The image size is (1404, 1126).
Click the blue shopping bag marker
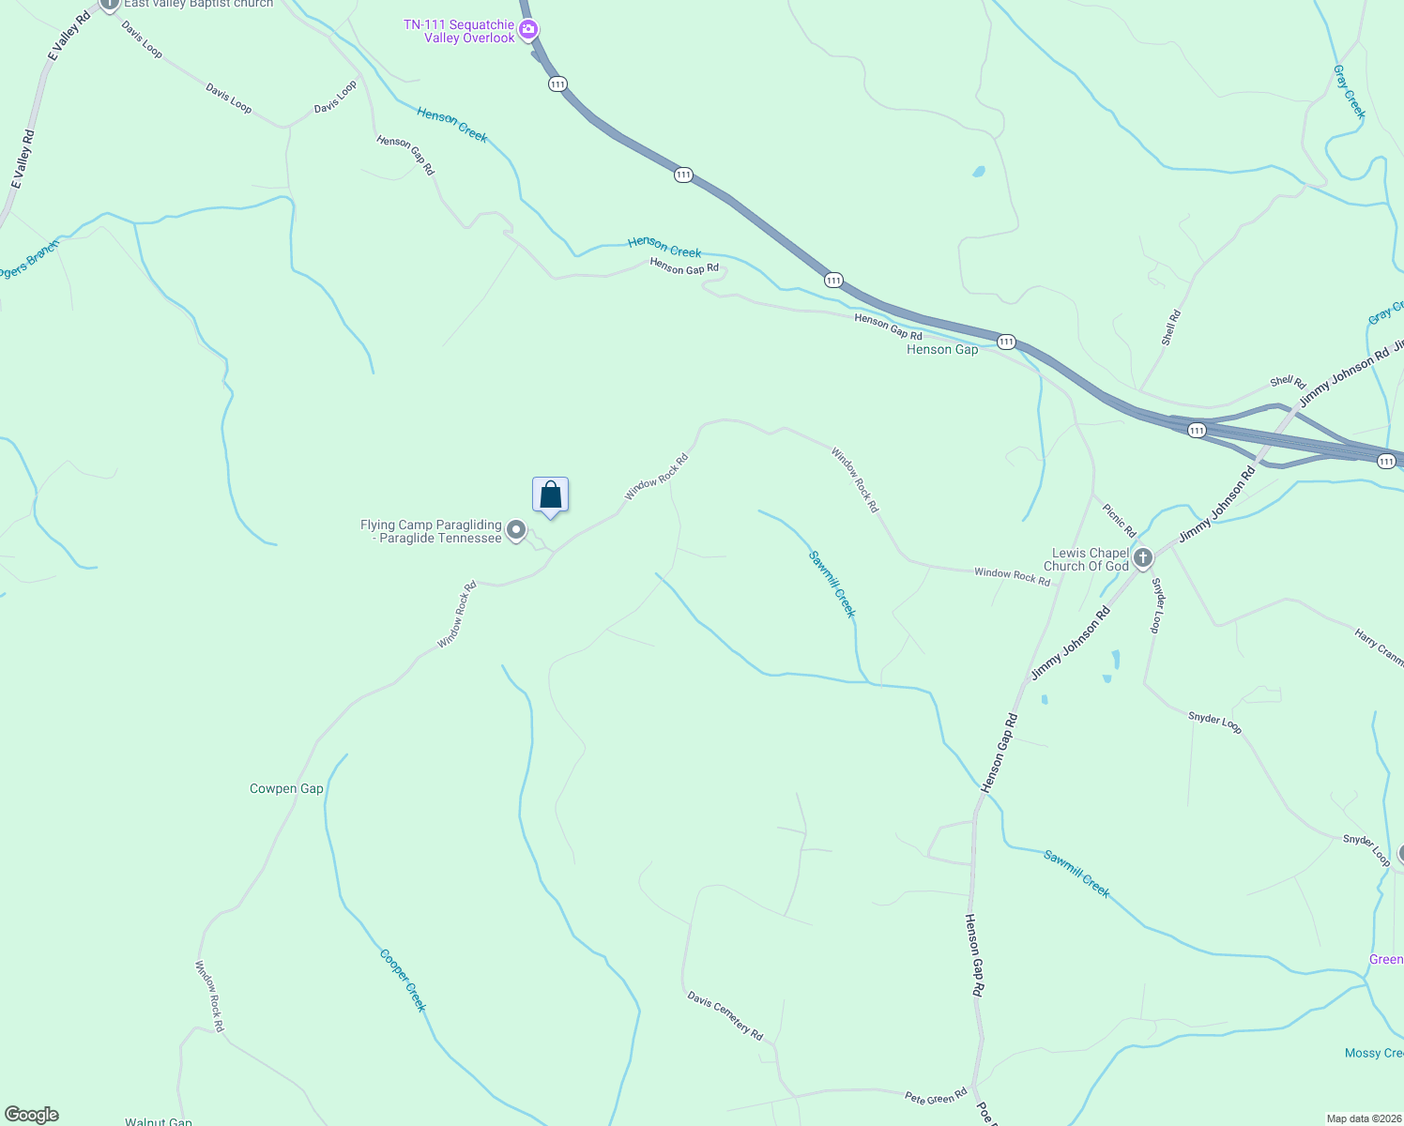point(550,495)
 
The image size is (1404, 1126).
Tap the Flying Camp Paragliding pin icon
point(515,530)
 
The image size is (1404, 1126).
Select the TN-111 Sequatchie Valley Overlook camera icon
point(528,30)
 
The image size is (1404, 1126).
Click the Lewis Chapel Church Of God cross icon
point(1142,558)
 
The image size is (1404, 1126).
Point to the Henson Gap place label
point(941,349)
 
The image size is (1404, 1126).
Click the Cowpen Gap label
point(286,788)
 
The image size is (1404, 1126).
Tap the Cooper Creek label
point(404,980)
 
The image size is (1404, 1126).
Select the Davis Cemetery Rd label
point(725,1014)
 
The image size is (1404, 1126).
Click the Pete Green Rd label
point(936,1096)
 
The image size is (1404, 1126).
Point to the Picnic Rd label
point(1119,520)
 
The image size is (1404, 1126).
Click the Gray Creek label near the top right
point(1349,91)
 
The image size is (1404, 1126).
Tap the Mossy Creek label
point(1373,1053)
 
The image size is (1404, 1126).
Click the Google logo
point(32,1115)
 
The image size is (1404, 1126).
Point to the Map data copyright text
point(1363,1118)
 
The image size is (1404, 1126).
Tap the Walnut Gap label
point(159,1121)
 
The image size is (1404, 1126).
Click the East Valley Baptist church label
point(198,4)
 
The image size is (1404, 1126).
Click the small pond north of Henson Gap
point(978,172)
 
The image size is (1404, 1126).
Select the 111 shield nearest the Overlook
point(557,84)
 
